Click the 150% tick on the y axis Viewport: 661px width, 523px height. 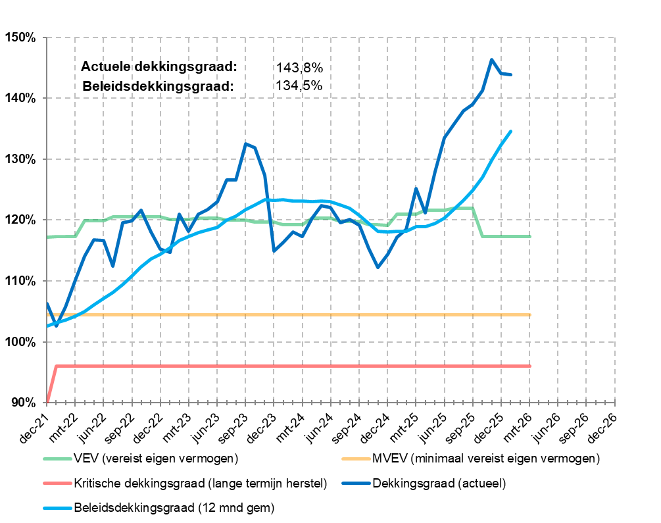point(21,37)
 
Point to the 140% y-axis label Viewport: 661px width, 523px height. point(21,98)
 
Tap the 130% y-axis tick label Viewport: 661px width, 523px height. point(21,159)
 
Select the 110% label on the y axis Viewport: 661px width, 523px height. point(21,281)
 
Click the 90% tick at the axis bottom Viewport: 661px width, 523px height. point(24,403)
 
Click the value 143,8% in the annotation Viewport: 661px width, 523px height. point(300,68)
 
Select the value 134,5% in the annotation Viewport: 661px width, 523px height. point(300,86)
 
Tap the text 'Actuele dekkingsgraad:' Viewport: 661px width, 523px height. point(159,67)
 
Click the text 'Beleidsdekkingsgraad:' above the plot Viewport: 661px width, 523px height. point(159,86)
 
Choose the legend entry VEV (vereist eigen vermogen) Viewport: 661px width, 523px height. point(156,458)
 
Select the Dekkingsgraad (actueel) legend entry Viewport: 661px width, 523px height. point(438,484)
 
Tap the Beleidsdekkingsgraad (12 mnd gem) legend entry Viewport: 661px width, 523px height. point(174,507)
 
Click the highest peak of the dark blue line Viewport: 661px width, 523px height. point(491,59)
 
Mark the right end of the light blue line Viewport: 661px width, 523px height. point(511,131)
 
